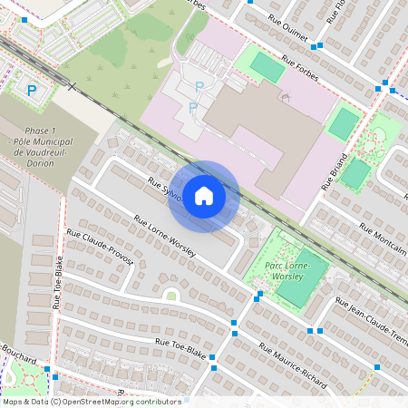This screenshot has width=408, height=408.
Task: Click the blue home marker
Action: pos(204,196)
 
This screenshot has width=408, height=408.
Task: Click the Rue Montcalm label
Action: pos(376,225)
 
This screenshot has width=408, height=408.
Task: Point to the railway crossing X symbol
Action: pos(72,86)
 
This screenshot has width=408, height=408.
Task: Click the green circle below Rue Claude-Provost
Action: pos(170,294)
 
